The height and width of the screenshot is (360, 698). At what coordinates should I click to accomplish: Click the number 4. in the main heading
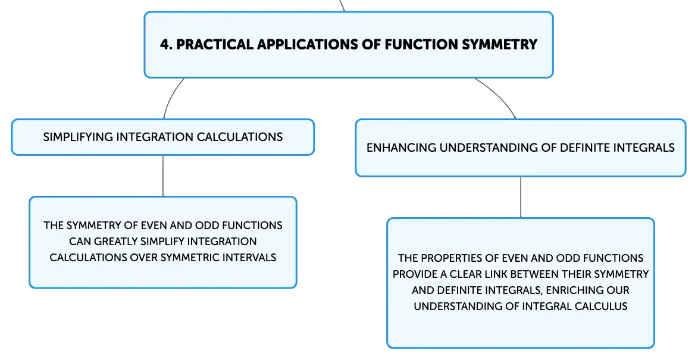click(x=166, y=45)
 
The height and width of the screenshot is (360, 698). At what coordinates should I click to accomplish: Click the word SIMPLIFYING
click(x=79, y=137)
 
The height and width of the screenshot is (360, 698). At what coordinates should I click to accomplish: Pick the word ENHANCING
click(x=402, y=148)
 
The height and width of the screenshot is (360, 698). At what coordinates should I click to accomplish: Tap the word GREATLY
click(x=115, y=242)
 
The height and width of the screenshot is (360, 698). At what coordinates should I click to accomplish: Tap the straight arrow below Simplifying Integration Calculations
click(x=163, y=176)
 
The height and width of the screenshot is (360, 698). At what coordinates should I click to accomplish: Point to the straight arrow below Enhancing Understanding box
click(x=521, y=198)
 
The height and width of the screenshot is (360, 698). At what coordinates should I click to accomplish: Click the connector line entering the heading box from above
click(x=342, y=5)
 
